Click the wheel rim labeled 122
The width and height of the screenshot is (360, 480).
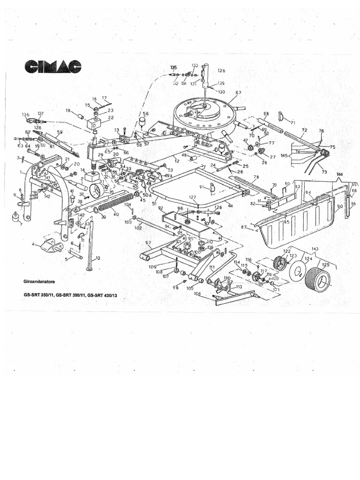point(281,263)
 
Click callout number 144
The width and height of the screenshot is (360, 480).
point(340,174)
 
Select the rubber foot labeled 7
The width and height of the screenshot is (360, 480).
point(15,218)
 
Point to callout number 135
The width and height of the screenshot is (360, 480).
point(174,67)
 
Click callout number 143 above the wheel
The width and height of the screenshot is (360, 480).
point(314,249)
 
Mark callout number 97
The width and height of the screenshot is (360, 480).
point(148,242)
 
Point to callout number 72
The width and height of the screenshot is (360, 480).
point(304,130)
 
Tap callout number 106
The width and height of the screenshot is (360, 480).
point(197,294)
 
